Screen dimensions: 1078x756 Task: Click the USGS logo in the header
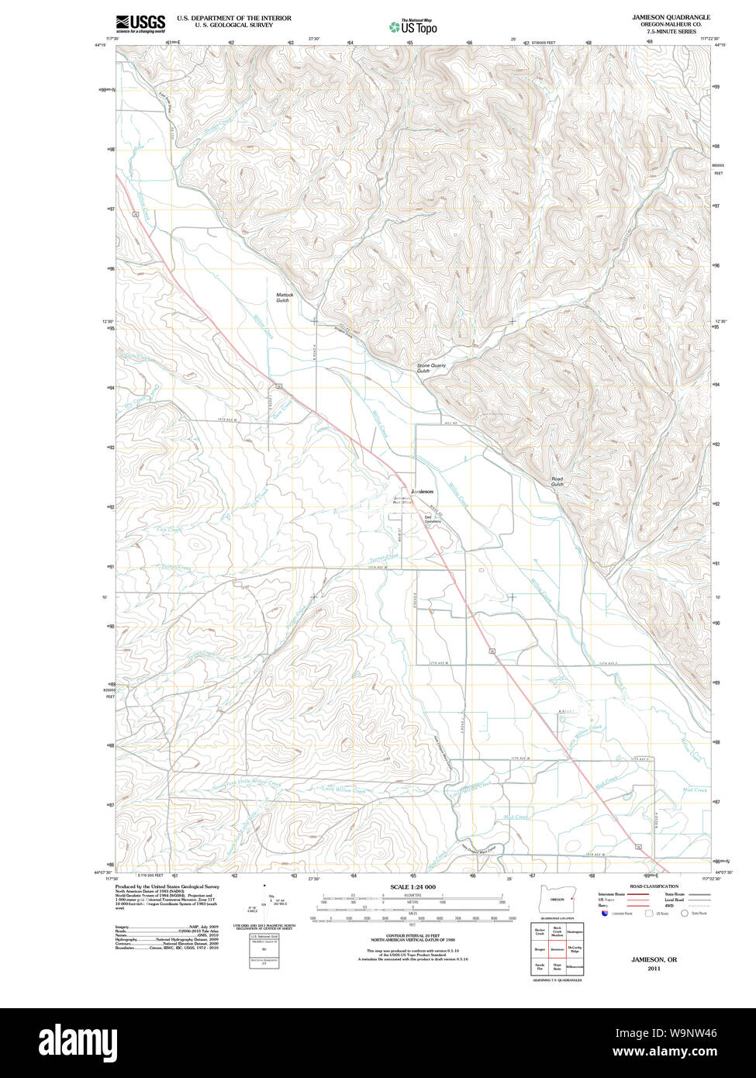pyautogui.click(x=140, y=25)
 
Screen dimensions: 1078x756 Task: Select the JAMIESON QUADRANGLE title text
pyautogui.click(x=670, y=17)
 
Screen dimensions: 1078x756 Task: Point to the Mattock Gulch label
pyautogui.click(x=282, y=297)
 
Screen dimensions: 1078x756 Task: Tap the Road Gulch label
pyautogui.click(x=557, y=481)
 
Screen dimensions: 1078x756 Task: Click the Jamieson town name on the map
pyautogui.click(x=422, y=492)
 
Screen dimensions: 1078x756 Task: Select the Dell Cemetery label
pyautogui.click(x=432, y=519)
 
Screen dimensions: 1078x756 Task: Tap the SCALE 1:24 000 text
pyautogui.click(x=413, y=886)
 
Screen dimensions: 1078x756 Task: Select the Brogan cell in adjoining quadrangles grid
pyautogui.click(x=540, y=948)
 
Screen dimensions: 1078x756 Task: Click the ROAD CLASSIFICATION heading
pyautogui.click(x=653, y=886)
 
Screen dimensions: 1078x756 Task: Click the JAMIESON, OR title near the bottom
pyautogui.click(x=654, y=959)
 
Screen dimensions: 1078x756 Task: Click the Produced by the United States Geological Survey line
pyautogui.click(x=167, y=886)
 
